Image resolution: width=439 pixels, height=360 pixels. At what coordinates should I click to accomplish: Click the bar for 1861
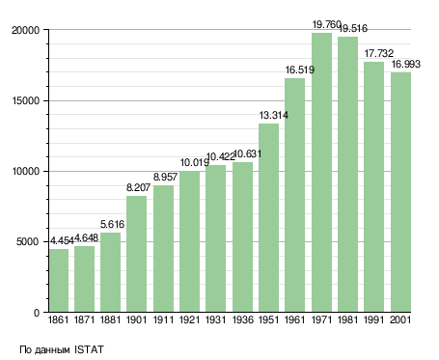[59, 280]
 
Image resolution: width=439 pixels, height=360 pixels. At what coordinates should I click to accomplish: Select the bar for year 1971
[321, 172]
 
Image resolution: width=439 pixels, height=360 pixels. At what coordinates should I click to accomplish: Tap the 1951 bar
[268, 217]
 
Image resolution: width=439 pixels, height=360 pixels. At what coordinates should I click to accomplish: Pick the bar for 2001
[401, 192]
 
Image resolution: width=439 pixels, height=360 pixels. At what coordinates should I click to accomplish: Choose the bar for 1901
[136, 254]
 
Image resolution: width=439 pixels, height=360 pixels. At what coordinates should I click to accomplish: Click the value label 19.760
[326, 24]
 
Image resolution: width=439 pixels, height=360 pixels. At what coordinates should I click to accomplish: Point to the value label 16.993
[405, 64]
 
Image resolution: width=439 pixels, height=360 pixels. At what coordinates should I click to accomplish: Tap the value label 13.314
[274, 115]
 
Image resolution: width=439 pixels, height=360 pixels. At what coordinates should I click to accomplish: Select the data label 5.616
[112, 224]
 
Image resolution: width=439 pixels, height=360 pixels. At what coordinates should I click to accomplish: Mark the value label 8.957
[165, 177]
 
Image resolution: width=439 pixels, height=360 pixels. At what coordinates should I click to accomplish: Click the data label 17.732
[378, 53]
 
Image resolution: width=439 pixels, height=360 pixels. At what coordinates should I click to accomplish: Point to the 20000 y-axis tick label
[25, 30]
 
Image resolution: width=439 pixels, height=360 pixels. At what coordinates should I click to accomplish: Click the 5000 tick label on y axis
[28, 241]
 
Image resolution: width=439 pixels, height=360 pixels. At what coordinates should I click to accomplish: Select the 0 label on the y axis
[37, 313]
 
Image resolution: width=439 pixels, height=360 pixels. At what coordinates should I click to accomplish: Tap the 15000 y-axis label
[26, 100]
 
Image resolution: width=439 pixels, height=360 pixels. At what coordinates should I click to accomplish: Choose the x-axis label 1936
[242, 320]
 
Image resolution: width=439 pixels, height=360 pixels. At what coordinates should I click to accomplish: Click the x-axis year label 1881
[110, 320]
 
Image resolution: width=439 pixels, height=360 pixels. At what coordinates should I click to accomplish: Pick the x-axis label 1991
[374, 320]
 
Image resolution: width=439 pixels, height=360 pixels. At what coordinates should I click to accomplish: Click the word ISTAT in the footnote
[89, 349]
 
